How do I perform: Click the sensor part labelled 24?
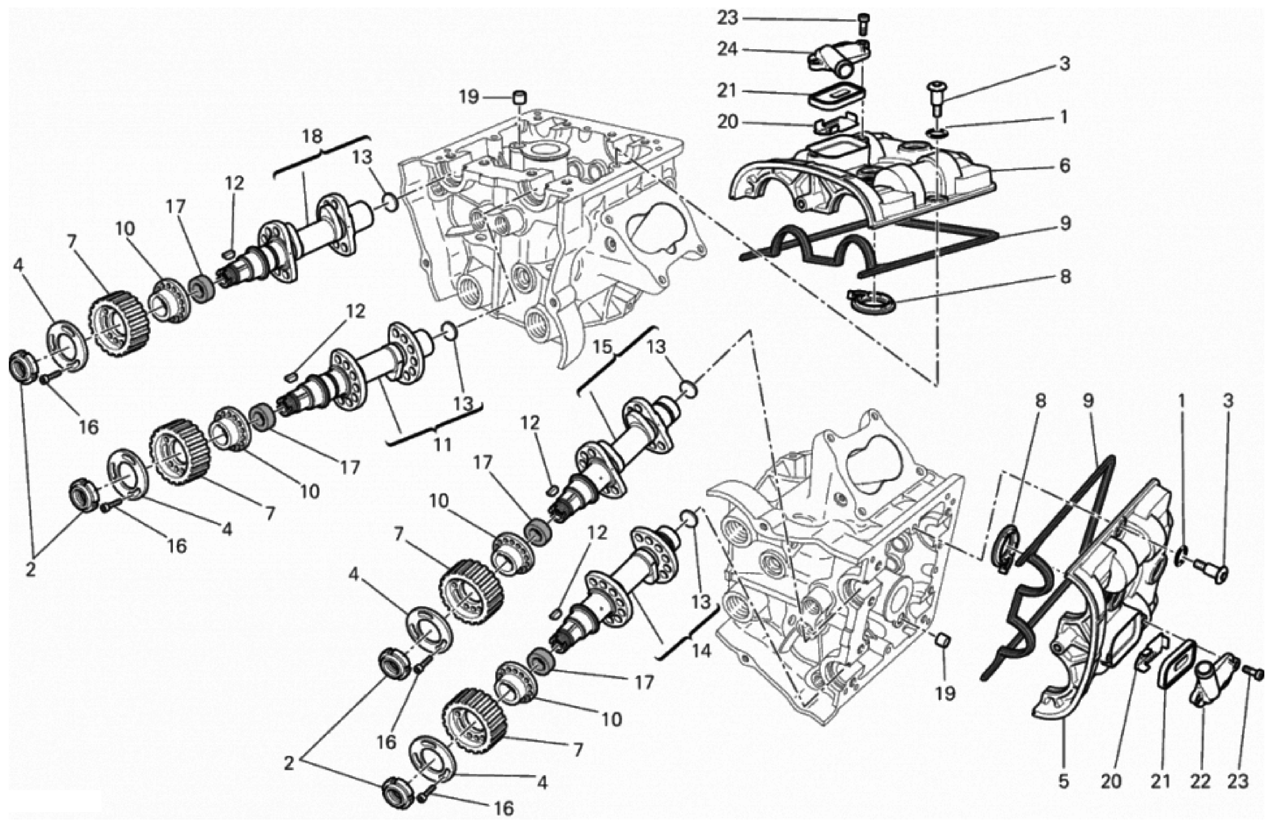point(836,60)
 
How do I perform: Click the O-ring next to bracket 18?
point(391,203)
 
